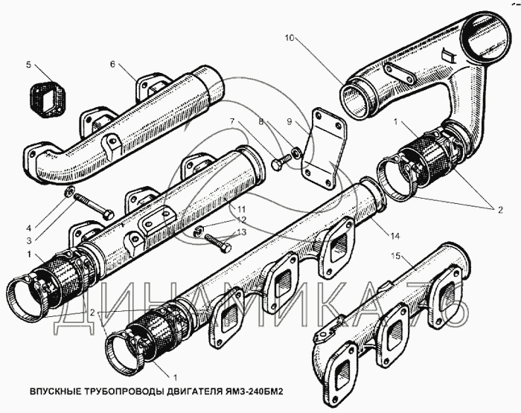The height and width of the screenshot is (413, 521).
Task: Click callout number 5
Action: point(29,65)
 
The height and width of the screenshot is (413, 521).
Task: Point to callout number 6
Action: point(112,65)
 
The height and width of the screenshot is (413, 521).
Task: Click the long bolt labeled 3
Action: point(94,208)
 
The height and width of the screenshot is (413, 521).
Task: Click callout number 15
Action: point(397,257)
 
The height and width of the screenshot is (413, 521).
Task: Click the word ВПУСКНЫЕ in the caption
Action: point(57,391)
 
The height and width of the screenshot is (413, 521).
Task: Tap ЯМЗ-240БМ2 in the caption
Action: point(252,391)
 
